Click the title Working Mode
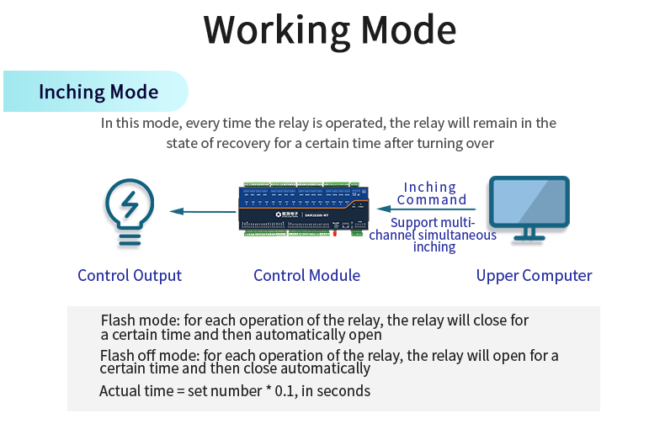(330, 29)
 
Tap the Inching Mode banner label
(98, 92)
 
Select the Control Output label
(130, 275)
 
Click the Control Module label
(306, 275)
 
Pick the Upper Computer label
(534, 275)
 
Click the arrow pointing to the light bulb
(203, 211)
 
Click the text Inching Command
(431, 193)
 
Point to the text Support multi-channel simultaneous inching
(433, 235)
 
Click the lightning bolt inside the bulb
(130, 204)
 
